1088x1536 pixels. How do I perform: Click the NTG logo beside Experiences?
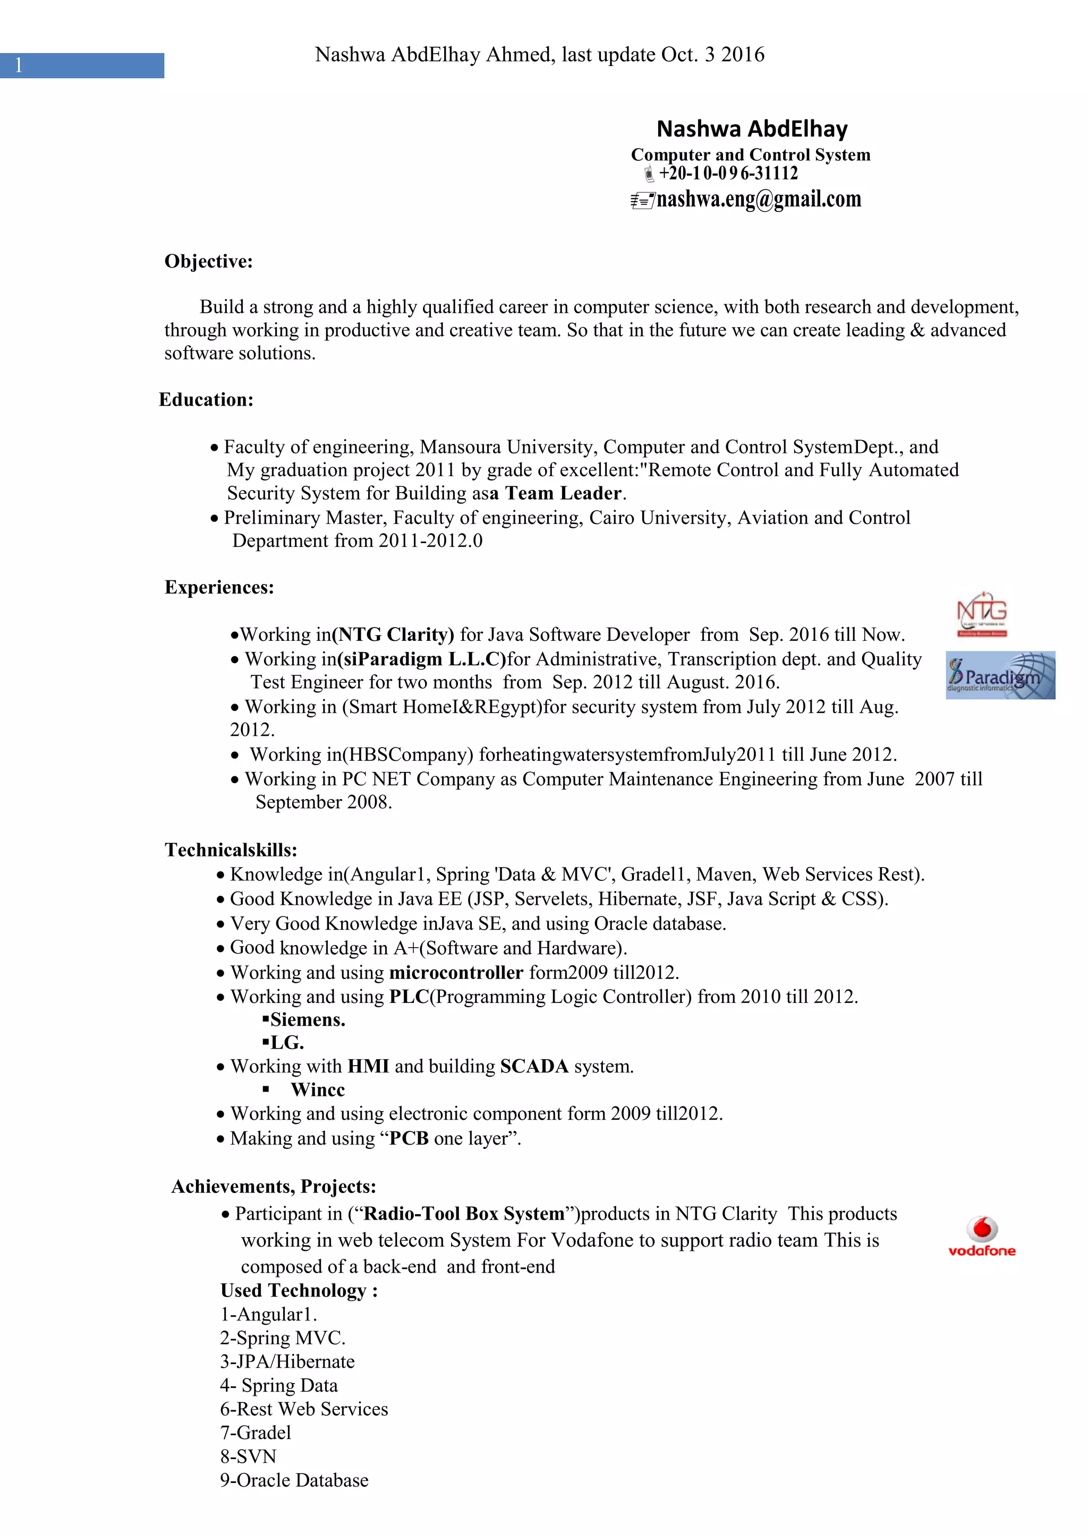tap(981, 613)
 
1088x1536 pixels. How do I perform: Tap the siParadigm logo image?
tap(1000, 675)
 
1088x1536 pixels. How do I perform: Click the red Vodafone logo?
tap(981, 1237)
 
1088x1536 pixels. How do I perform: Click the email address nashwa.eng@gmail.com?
tap(759, 199)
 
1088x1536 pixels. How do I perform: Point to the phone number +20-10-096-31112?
tap(728, 174)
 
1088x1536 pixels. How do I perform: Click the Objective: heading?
tap(208, 261)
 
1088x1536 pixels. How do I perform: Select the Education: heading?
tap(206, 400)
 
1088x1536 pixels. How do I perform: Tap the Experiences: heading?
tap(219, 587)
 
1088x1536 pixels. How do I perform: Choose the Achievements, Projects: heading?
tap(274, 1187)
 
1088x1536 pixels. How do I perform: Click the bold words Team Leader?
tap(563, 493)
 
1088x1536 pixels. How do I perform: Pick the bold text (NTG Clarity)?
tap(393, 635)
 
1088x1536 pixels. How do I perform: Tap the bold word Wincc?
tap(318, 1089)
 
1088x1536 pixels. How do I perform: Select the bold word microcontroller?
tap(456, 972)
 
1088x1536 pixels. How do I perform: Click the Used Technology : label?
tap(299, 1290)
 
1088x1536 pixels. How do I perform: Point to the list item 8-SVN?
tap(248, 1456)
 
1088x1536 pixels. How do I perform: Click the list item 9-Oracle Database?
tap(294, 1480)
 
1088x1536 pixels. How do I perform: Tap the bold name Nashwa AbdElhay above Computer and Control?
tap(752, 128)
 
